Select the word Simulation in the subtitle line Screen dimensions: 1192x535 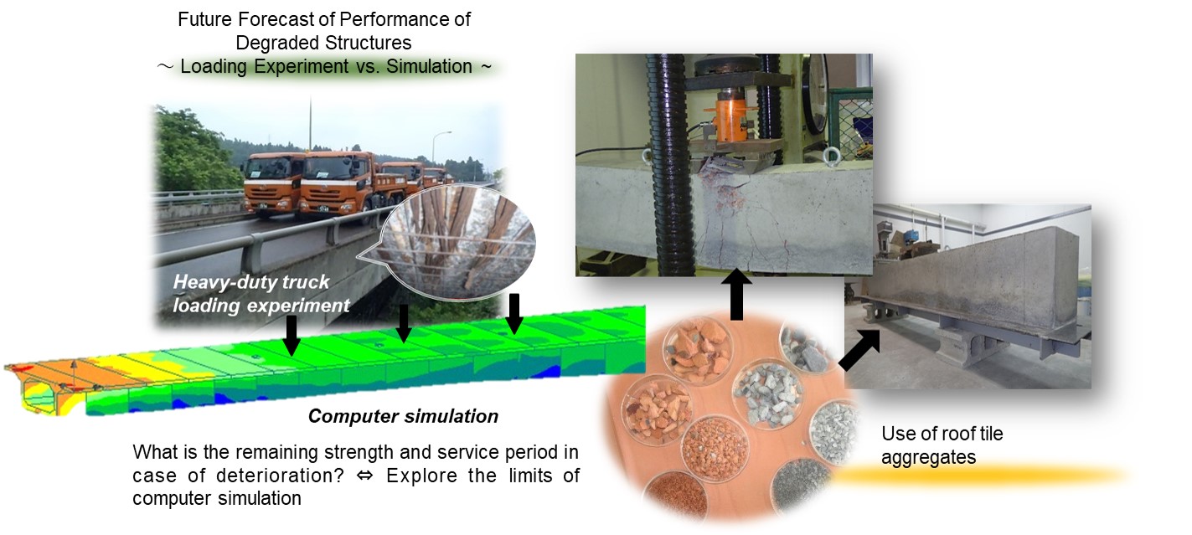click(x=429, y=66)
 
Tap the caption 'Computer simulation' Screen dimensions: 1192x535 click(x=404, y=416)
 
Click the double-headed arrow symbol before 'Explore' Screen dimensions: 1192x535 click(x=365, y=476)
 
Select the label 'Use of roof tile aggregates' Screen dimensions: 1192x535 click(x=942, y=445)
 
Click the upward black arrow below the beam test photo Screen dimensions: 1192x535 click(x=736, y=294)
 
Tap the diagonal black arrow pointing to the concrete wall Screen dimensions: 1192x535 click(x=859, y=349)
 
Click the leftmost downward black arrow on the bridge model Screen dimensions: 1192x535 click(x=291, y=336)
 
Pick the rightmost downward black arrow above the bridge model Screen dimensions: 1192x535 click(x=513, y=314)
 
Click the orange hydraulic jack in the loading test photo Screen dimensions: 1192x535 click(x=730, y=116)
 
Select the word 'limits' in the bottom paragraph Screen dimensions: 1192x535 click(x=523, y=476)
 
